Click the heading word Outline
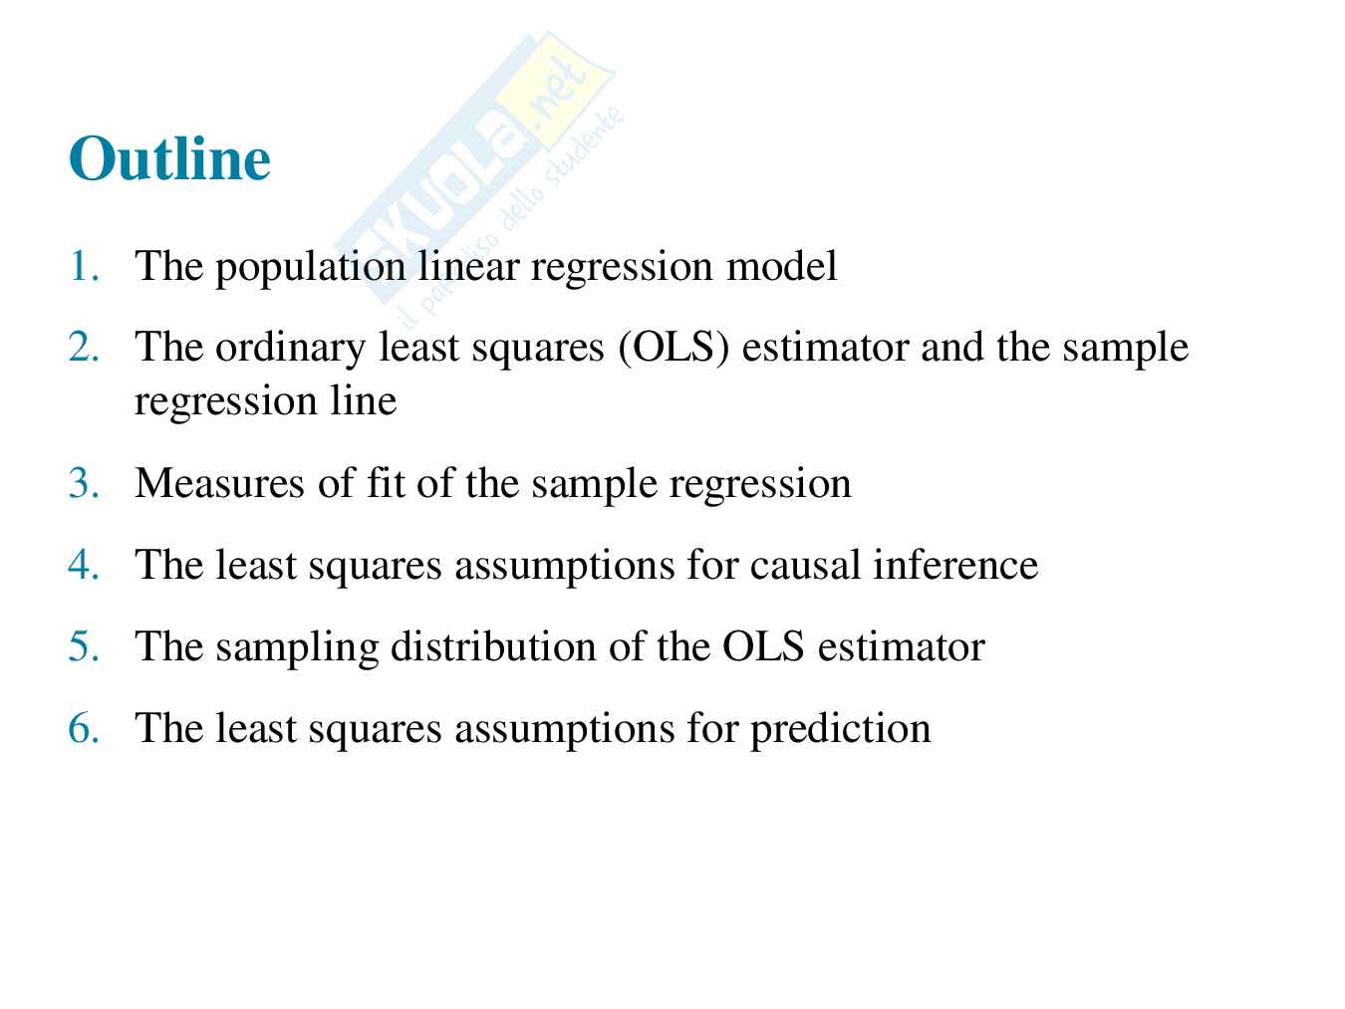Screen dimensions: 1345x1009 (x=169, y=158)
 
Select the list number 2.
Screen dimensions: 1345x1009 (x=84, y=347)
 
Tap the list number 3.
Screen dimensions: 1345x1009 (x=84, y=483)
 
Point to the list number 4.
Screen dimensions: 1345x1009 (x=84, y=564)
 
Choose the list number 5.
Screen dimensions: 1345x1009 (x=84, y=645)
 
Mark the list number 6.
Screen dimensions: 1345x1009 (x=84, y=728)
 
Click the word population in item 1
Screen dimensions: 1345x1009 (x=311, y=268)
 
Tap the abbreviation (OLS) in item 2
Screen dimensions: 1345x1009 (x=674, y=348)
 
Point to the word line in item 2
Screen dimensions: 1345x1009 (x=364, y=400)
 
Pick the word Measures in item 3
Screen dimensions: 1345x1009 (x=219, y=483)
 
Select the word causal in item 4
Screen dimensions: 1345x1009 (x=805, y=564)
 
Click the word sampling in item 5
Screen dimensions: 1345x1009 (x=297, y=648)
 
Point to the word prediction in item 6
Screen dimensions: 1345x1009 (x=841, y=730)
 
